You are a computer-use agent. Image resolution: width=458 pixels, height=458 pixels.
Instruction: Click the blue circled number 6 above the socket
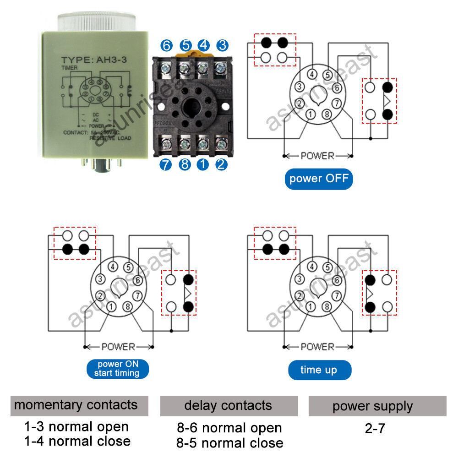pyautogui.click(x=166, y=45)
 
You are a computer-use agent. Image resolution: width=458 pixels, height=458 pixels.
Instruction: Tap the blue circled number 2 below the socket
pyautogui.click(x=221, y=164)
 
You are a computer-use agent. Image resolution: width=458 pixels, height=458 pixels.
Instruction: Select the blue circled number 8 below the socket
pyautogui.click(x=184, y=164)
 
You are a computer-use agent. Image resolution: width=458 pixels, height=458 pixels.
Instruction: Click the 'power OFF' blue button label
pyautogui.click(x=319, y=178)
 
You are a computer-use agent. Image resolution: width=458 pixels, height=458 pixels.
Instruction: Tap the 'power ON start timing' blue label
pyautogui.click(x=118, y=369)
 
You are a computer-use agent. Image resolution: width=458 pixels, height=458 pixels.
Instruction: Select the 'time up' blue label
pyautogui.click(x=319, y=370)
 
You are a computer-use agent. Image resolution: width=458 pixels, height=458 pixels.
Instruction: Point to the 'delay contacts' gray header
pyautogui.click(x=229, y=406)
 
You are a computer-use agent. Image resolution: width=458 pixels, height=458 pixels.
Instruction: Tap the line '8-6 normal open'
pyautogui.click(x=229, y=428)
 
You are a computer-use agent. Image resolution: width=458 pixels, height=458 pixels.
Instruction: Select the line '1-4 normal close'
pyautogui.click(x=77, y=441)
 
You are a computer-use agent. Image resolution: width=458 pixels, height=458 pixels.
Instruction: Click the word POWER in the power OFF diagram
pyautogui.click(x=317, y=156)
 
